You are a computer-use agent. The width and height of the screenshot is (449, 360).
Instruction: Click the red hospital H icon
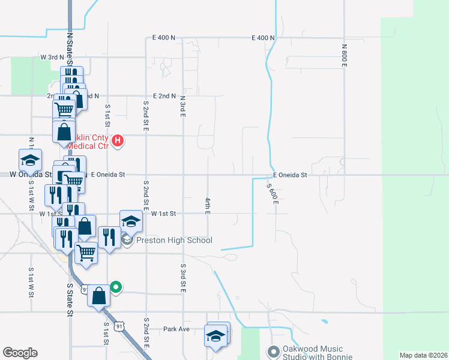pyautogui.click(x=118, y=141)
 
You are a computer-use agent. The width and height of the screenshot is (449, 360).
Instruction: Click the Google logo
pyautogui.click(x=20, y=353)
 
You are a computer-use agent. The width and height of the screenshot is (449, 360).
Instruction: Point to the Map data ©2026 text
pyautogui.click(x=423, y=355)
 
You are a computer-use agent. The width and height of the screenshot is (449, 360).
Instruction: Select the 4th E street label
pyautogui.click(x=207, y=206)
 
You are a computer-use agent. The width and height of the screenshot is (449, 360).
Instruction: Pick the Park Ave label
pyautogui.click(x=176, y=329)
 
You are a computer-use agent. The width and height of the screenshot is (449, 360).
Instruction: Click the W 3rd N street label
pyautogui.click(x=52, y=57)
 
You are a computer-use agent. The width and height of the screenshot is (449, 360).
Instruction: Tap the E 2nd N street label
pyautogui.click(x=164, y=96)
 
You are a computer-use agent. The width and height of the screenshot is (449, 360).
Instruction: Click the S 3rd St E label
pyautogui.click(x=182, y=277)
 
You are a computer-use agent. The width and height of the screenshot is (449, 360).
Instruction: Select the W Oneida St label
pyautogui.click(x=30, y=174)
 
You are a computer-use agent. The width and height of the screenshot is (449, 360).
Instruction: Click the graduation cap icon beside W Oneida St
pyautogui.click(x=30, y=160)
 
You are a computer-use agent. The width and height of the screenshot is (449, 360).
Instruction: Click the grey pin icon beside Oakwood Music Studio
pyautogui.click(x=274, y=352)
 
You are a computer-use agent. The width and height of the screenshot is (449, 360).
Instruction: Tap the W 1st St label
pyautogui.click(x=163, y=214)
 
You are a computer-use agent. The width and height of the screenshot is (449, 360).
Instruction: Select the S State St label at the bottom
pyautogui.click(x=70, y=300)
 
